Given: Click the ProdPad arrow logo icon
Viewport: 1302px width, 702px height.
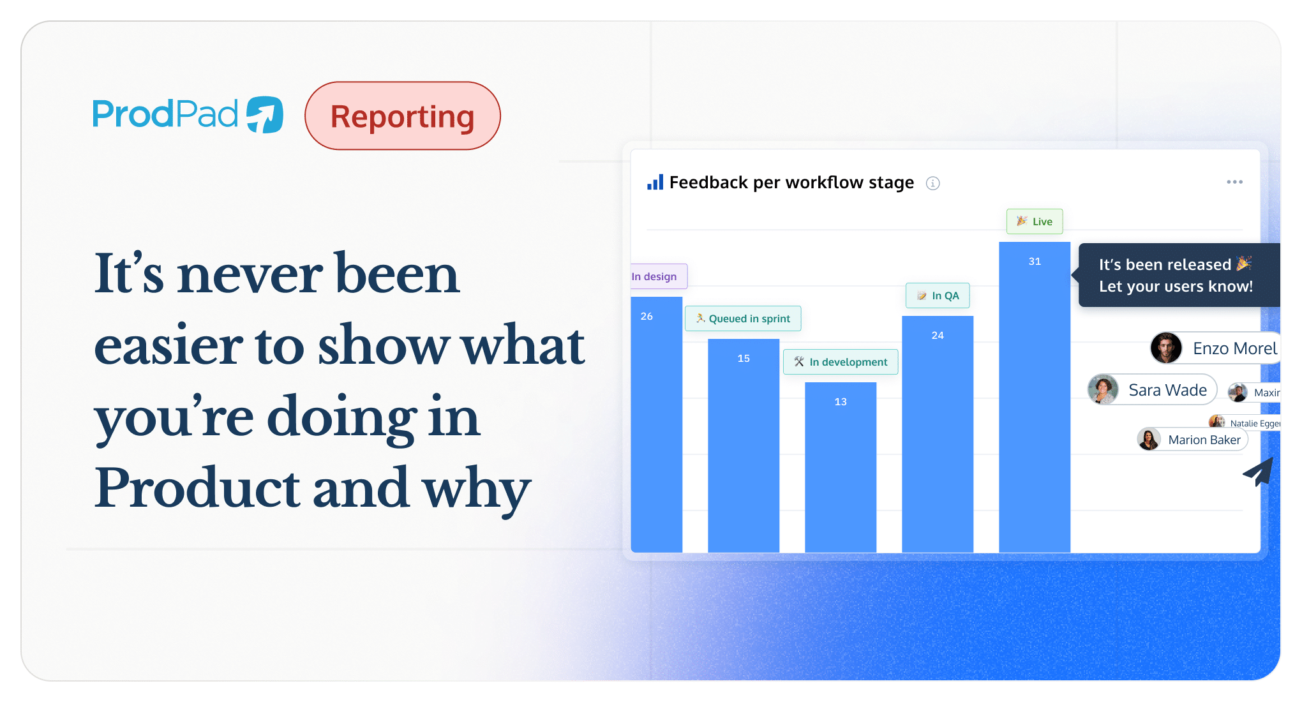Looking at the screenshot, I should tap(265, 115).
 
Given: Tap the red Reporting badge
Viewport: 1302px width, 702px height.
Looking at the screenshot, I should tap(402, 116).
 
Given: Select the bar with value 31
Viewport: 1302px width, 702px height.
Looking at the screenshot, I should tap(1034, 396).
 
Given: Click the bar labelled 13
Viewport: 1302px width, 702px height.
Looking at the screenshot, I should tap(840, 466).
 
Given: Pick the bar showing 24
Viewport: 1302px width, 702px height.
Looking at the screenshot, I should tap(937, 434).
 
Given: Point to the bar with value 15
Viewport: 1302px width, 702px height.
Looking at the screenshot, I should tap(743, 447).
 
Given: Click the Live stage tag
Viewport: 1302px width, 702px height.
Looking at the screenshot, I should tap(1035, 221).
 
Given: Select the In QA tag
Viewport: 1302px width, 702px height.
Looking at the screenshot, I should tap(938, 295).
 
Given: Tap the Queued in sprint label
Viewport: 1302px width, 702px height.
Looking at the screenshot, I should tap(743, 318).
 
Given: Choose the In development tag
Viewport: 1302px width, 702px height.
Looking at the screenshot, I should tap(841, 362).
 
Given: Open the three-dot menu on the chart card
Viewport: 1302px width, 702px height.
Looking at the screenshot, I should tap(1234, 182).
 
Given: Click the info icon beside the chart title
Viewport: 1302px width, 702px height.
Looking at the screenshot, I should tap(932, 183).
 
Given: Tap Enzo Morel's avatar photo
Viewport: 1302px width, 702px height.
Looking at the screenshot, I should tap(1166, 348).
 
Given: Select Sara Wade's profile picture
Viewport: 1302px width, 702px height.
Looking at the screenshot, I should tap(1103, 389).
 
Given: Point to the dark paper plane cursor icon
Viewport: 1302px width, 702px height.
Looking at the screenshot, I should tap(1260, 472).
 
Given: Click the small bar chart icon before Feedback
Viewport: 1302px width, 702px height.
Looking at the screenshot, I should tap(655, 183).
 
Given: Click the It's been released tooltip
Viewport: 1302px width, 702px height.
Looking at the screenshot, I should tap(1176, 275).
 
